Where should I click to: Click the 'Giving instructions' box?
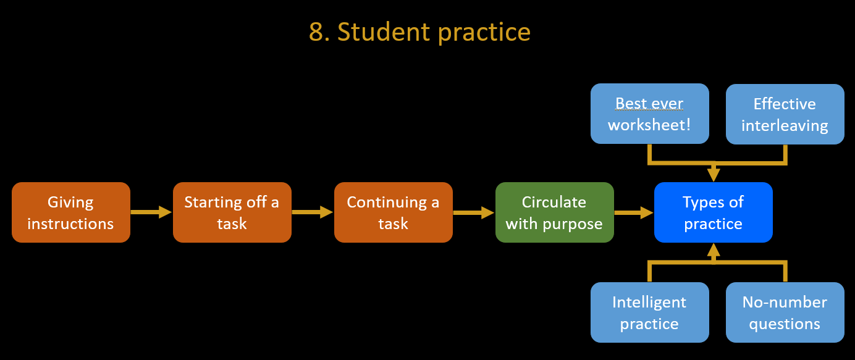pyautogui.click(x=71, y=212)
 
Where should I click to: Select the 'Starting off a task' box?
pyautogui.click(x=232, y=212)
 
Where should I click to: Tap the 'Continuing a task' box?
pyautogui.click(x=394, y=212)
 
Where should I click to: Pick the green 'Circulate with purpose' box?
pyautogui.click(x=555, y=212)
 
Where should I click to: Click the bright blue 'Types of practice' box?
pyautogui.click(x=714, y=212)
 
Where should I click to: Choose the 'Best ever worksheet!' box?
pyautogui.click(x=650, y=114)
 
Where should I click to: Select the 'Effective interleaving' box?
pyautogui.click(x=785, y=114)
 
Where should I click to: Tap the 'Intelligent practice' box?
pyautogui.click(x=650, y=312)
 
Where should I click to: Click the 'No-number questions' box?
pyautogui.click(x=785, y=312)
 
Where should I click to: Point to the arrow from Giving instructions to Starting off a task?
pyautogui.click(x=151, y=212)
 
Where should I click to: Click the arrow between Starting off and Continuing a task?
pyautogui.click(x=313, y=212)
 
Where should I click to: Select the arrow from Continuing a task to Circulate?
pyautogui.click(x=474, y=212)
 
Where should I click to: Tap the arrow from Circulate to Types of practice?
pyautogui.click(x=634, y=212)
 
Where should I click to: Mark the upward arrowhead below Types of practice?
pyautogui.click(x=714, y=250)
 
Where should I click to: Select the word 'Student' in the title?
pyautogui.click(x=384, y=31)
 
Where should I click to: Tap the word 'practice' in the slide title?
pyautogui.click(x=484, y=33)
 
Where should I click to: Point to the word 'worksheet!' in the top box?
pyautogui.click(x=649, y=125)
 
